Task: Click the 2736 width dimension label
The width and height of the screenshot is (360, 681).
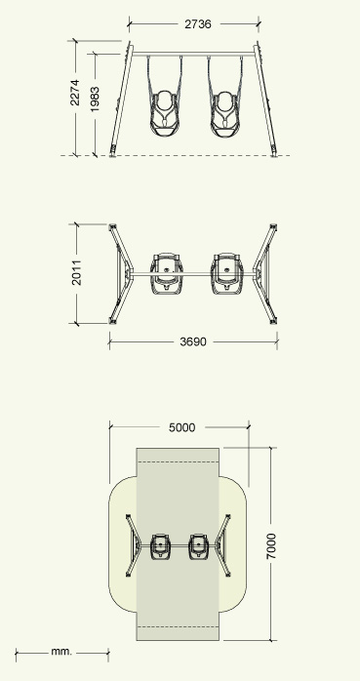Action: tap(198, 24)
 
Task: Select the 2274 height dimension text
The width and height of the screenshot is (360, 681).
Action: tap(75, 92)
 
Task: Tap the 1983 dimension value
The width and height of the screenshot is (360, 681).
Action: tap(95, 100)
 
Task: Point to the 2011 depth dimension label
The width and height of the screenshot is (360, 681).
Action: tap(76, 272)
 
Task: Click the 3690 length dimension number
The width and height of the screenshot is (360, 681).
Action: tap(193, 342)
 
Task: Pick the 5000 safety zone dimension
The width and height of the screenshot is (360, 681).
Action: tap(182, 427)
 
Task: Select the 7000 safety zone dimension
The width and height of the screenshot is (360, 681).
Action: tap(270, 546)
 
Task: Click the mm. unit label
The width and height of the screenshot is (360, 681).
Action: tap(61, 652)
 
